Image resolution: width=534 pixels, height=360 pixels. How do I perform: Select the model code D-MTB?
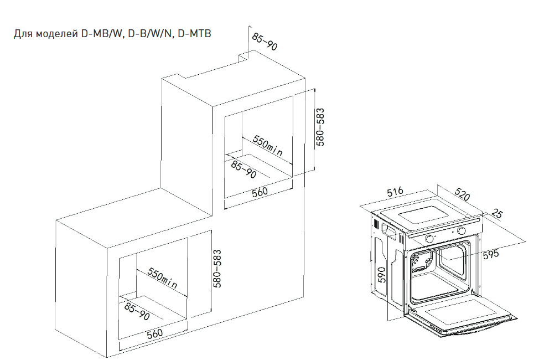[195, 34]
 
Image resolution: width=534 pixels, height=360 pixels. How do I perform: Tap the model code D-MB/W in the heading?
[102, 34]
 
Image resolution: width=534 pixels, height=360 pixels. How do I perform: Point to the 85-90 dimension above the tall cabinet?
[265, 42]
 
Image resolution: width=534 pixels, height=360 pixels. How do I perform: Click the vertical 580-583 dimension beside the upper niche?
[320, 126]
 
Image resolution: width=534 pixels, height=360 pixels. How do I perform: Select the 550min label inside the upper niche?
[268, 145]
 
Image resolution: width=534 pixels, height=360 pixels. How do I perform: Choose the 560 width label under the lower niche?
[154, 333]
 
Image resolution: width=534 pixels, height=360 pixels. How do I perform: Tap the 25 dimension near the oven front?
[496, 213]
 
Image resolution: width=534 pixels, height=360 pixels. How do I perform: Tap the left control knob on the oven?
[429, 239]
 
